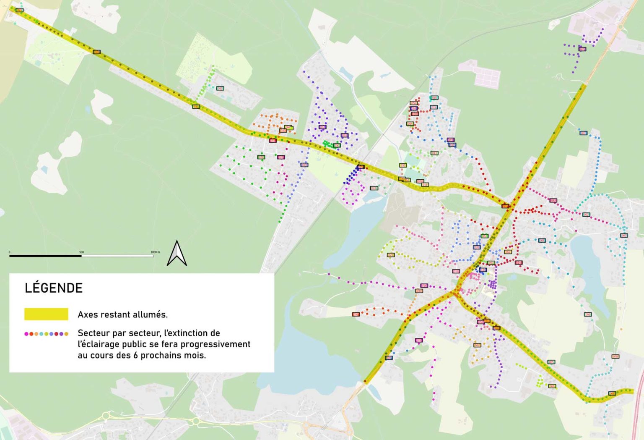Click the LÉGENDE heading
(54, 288)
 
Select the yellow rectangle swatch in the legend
(46, 314)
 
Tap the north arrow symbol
(177, 253)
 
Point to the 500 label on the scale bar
(82, 252)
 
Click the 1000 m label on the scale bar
(155, 252)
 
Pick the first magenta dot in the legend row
(26, 334)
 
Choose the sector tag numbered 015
(434, 107)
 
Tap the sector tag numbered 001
(588, 314)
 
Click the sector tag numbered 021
(391, 255)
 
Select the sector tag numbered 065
(551, 362)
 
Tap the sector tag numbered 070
(615, 356)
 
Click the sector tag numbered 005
(583, 133)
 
